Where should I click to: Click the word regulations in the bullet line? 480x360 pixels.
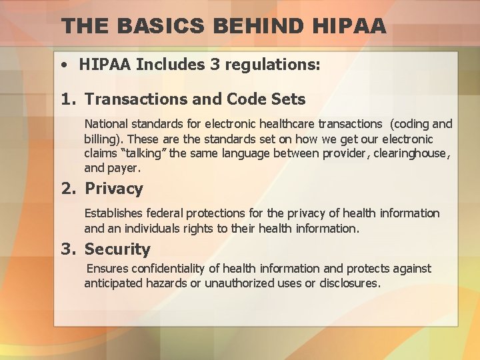click(269, 65)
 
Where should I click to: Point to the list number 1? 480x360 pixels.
click(69, 99)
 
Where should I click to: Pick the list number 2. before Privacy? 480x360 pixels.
click(69, 189)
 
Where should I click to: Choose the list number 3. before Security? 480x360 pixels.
click(69, 249)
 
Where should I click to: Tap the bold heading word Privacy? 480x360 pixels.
click(114, 189)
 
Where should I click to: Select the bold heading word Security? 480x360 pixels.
click(117, 249)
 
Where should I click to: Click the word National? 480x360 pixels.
click(109, 124)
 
